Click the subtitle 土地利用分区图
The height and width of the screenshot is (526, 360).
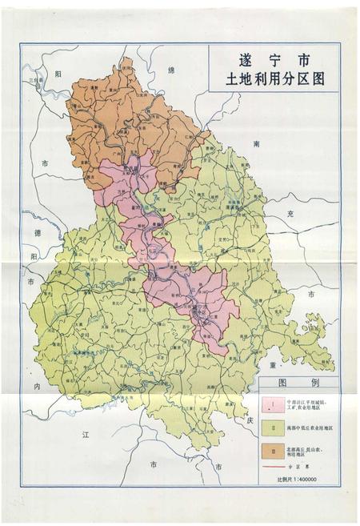273,80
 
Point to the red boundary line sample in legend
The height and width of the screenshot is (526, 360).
272,466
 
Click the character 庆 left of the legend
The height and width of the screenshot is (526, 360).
249,420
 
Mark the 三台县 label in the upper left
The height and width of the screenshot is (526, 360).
35,81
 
